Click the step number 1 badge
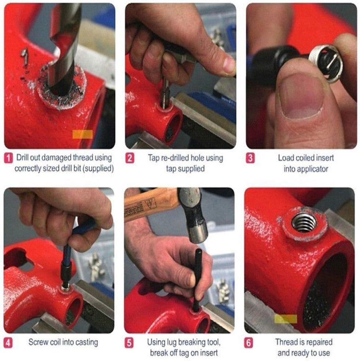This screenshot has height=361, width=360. pyautogui.click(x=8, y=158)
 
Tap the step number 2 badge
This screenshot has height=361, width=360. pyautogui.click(x=130, y=158)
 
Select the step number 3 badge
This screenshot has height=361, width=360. pyautogui.click(x=250, y=158)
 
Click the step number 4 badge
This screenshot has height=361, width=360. pyautogui.click(x=8, y=343)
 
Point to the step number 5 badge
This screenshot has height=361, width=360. pyautogui.click(x=130, y=343)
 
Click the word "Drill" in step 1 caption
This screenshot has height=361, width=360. pyautogui.click(x=23, y=158)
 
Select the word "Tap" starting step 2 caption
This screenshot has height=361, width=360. pyautogui.click(x=154, y=158)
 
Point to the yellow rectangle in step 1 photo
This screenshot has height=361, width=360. pyautogui.click(x=82, y=134)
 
